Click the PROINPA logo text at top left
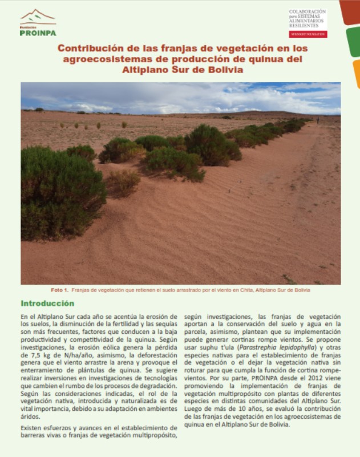click(x=38, y=33)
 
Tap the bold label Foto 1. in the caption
click(x=59, y=290)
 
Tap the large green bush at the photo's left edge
click(x=57, y=191)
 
